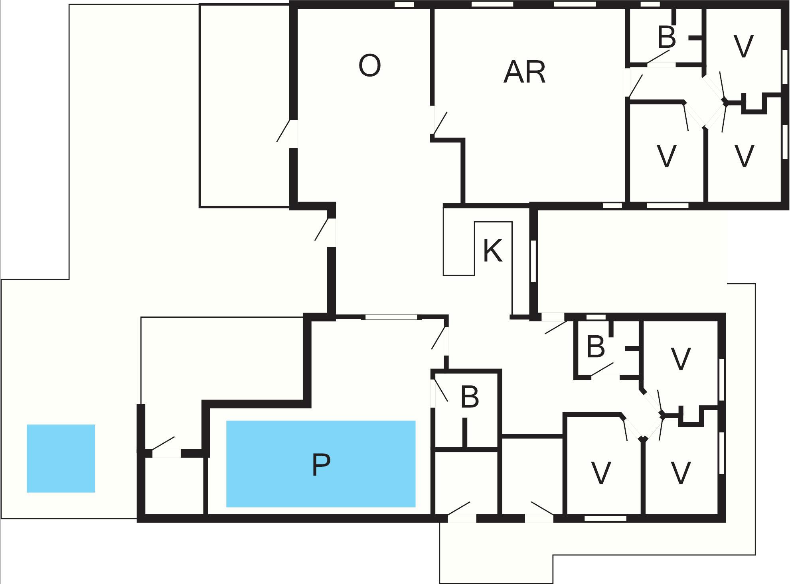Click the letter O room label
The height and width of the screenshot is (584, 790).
pos(369,66)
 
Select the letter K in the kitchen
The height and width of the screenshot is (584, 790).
pos(492,251)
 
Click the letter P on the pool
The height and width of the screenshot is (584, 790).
pos(321,465)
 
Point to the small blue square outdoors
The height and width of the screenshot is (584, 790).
pos(61,458)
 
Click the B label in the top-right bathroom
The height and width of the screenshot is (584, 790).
pos(667,37)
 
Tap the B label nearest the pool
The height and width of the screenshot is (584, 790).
pos(470,397)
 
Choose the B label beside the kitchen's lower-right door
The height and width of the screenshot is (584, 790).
pos(596,346)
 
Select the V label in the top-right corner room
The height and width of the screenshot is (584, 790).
pos(743,47)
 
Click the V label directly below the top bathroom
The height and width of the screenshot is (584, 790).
pos(666,156)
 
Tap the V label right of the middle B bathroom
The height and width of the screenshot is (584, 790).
pos(681,359)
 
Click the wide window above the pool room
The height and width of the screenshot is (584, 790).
pos(391,317)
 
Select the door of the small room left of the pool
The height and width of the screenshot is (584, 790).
pos(166,453)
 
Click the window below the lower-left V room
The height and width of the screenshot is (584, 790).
pos(605,518)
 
